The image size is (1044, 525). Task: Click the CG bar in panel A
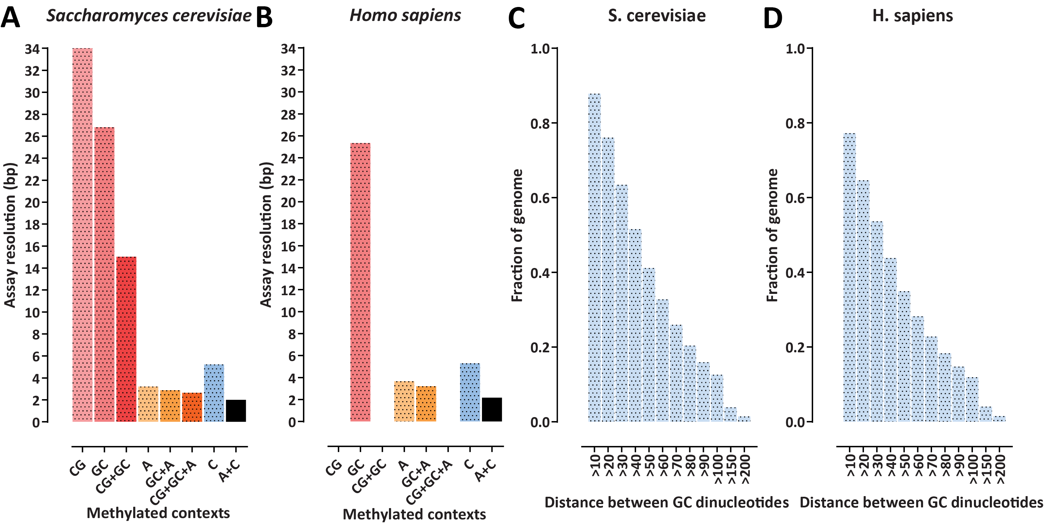pos(82,235)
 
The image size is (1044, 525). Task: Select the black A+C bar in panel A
pos(236,411)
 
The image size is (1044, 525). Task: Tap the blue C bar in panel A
pos(214,393)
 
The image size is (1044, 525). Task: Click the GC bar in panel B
pos(360,282)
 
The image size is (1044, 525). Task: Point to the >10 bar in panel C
pos(595,258)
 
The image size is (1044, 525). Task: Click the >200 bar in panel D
pos(999,419)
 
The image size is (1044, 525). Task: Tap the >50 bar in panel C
pos(649,345)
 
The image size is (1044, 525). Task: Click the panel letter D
pos(773,18)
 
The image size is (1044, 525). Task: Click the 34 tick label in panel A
pos(33,49)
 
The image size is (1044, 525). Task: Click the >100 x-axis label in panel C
pos(718,469)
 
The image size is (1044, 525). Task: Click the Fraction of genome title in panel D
pos(773,235)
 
